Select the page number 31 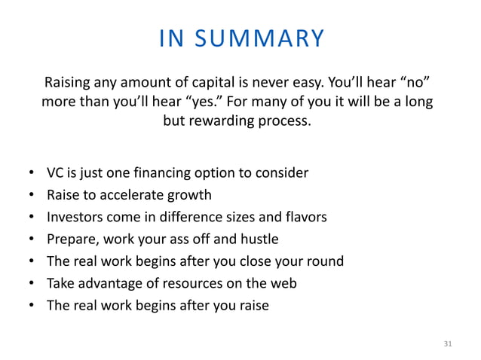(448, 344)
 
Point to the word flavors (302, 217)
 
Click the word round (325, 261)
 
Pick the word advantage (106, 283)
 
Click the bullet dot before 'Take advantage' (31, 284)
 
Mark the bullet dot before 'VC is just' (31, 174)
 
